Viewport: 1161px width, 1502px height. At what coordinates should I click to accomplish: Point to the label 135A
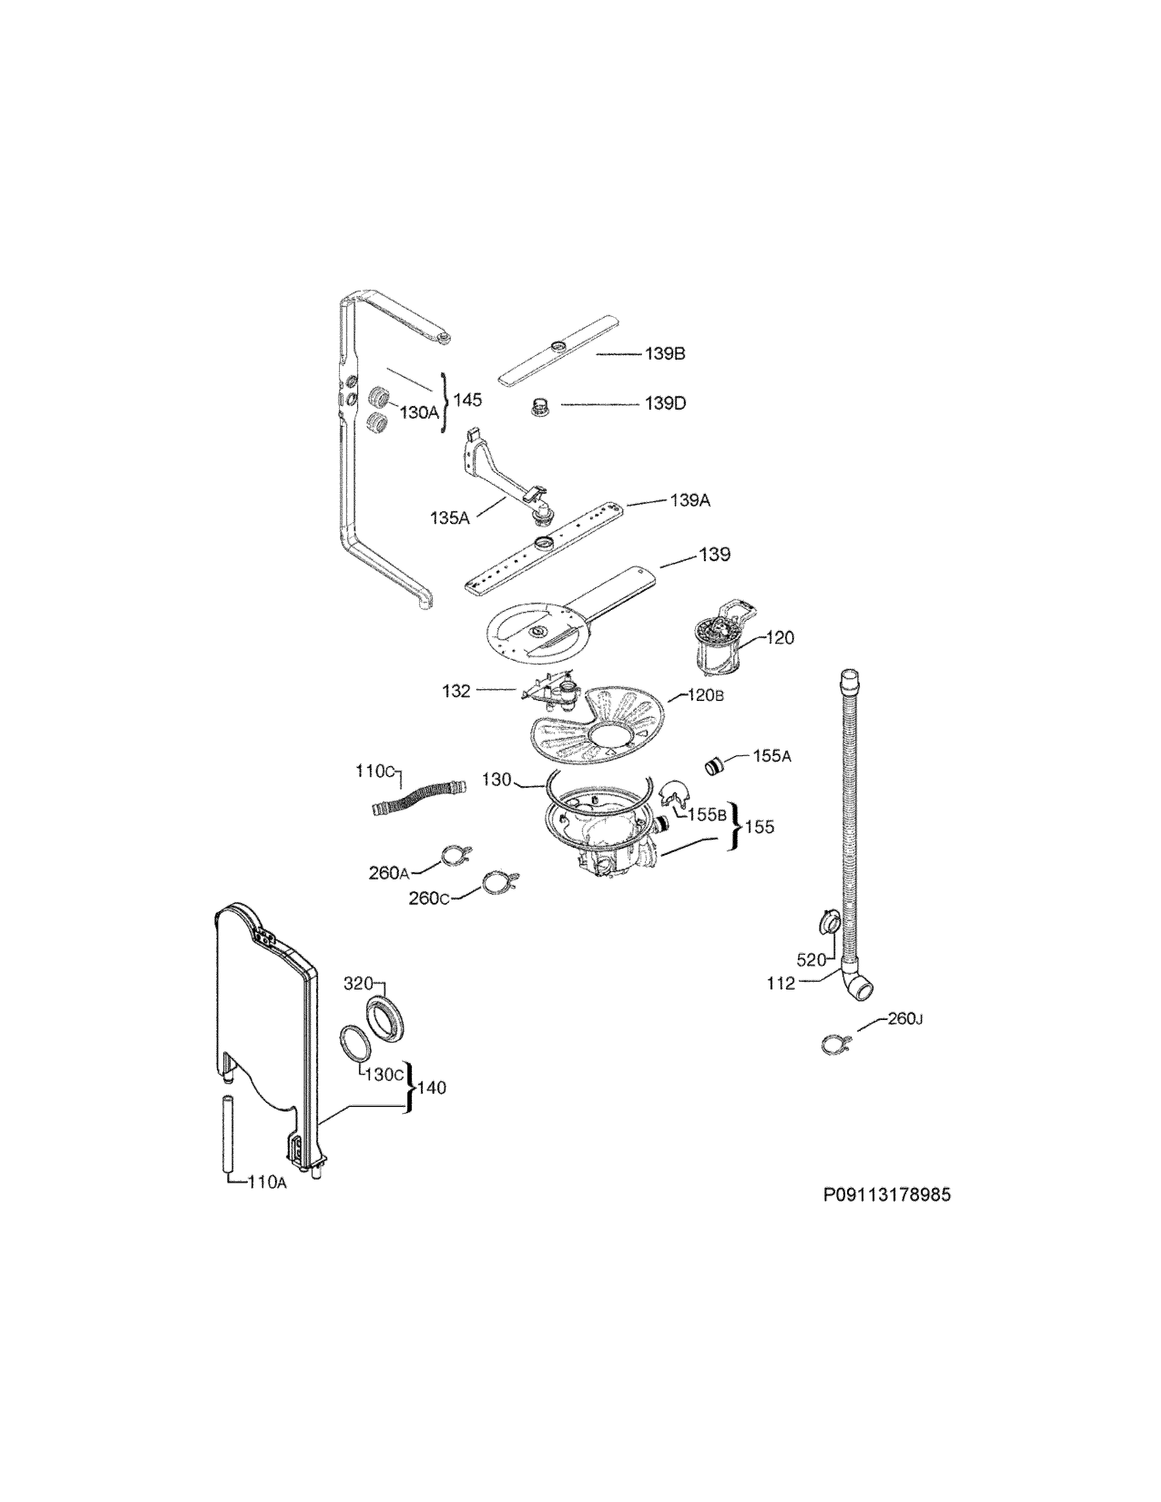[x=450, y=518]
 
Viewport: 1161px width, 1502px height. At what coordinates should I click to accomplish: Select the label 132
[x=456, y=691]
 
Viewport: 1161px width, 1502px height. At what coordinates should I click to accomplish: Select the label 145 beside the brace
[x=468, y=400]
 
